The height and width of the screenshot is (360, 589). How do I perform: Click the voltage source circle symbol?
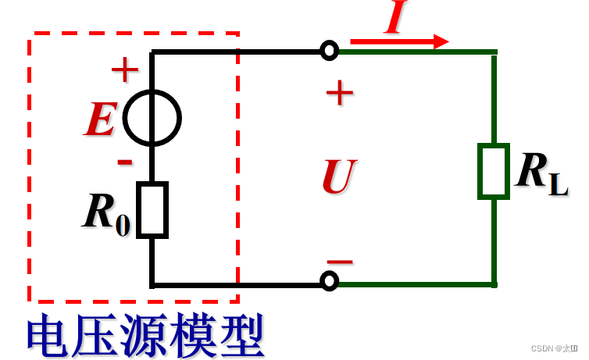point(152,119)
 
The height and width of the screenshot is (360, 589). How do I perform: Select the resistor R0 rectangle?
point(152,209)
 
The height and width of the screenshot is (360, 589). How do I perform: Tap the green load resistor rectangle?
point(494,171)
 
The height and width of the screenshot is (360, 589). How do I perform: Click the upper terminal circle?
point(330,52)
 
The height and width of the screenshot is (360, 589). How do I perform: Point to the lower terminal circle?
point(330,280)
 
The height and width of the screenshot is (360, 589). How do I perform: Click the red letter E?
point(101,121)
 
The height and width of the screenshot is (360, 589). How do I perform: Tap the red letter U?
point(339,177)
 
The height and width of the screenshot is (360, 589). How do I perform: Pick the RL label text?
point(541,173)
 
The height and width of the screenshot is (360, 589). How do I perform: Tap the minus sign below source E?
point(124,162)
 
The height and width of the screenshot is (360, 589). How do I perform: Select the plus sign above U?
point(340,94)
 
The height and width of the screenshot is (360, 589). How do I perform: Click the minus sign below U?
point(340,262)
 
